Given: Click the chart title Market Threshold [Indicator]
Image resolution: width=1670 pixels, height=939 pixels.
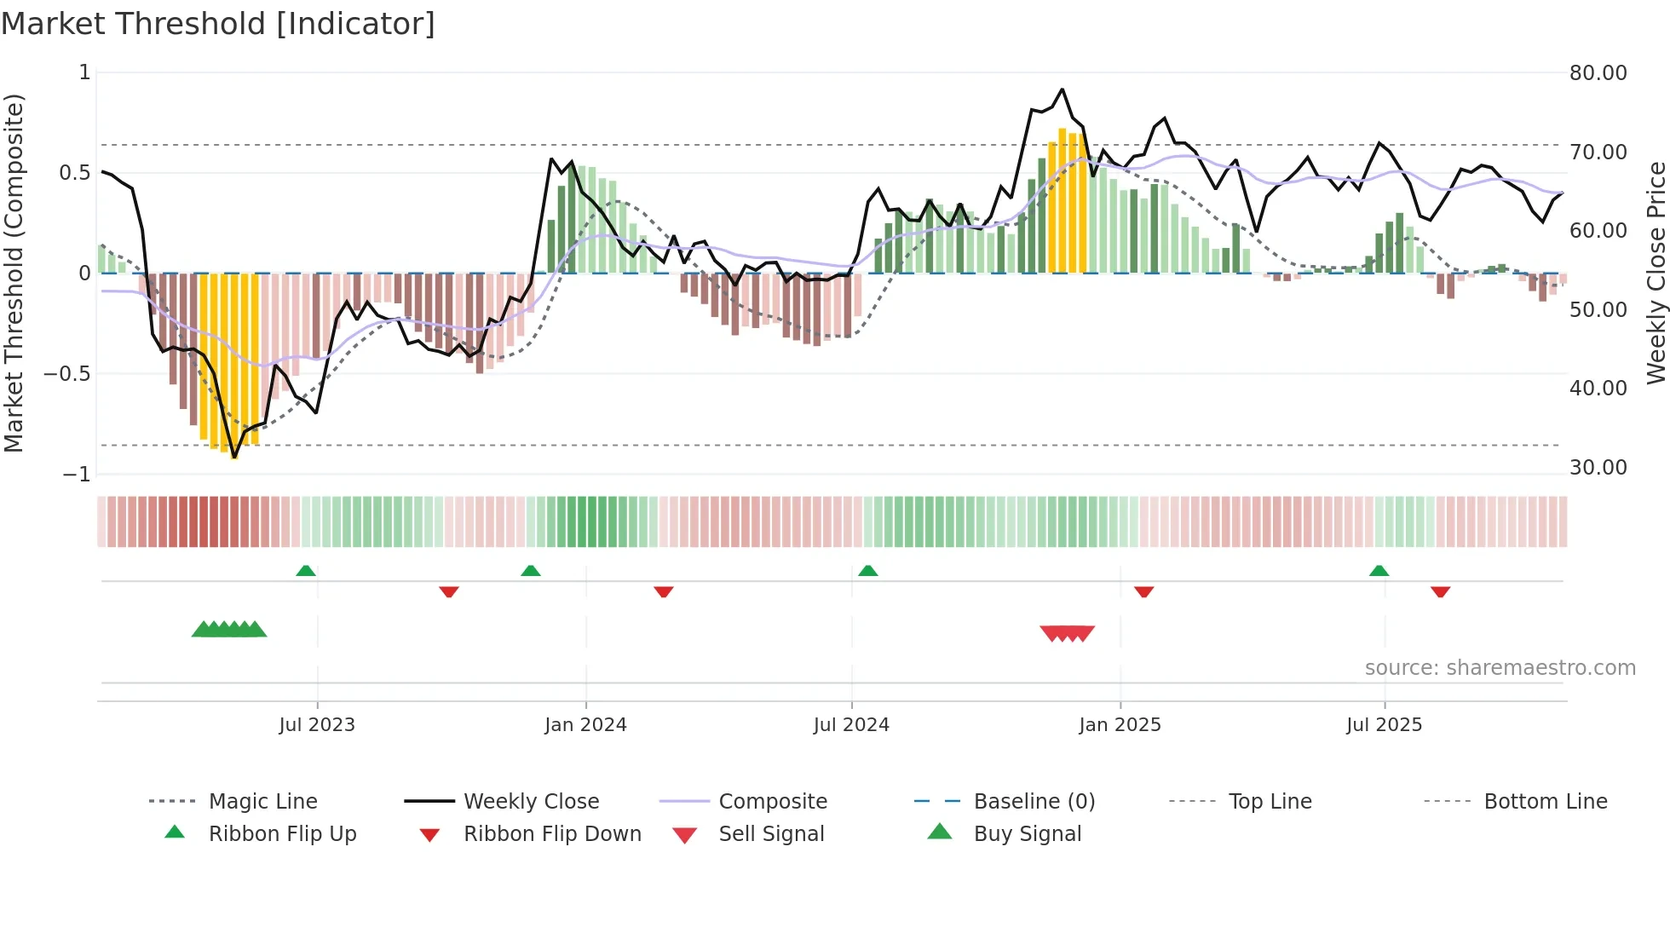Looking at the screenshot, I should pyautogui.click(x=218, y=24).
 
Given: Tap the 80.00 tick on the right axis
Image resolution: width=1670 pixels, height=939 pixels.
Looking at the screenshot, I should pyautogui.click(x=1598, y=73).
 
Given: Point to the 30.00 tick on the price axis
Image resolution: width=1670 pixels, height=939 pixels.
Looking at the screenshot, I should pyautogui.click(x=1598, y=468).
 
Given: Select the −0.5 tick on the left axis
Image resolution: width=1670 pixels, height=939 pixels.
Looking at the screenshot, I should pyautogui.click(x=67, y=374).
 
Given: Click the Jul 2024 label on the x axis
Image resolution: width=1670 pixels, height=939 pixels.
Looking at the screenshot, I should pyautogui.click(x=851, y=725).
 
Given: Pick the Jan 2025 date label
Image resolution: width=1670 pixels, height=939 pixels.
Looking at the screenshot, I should pyautogui.click(x=1120, y=725).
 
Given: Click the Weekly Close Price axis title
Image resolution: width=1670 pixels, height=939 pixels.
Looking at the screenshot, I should pyautogui.click(x=1656, y=273).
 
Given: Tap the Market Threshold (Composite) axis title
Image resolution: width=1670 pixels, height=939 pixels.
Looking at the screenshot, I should pyautogui.click(x=14, y=273).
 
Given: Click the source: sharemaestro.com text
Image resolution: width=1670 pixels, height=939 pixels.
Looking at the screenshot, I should pyautogui.click(x=1500, y=668).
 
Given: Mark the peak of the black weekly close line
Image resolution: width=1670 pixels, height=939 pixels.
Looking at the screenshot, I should pyautogui.click(x=1062, y=89).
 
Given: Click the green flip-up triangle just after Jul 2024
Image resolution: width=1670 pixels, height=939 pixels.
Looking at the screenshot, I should pyautogui.click(x=867, y=571).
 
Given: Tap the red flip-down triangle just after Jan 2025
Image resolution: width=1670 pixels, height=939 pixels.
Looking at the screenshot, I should pyautogui.click(x=1143, y=591).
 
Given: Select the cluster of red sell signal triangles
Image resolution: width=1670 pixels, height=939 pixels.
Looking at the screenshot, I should pyautogui.click(x=1067, y=633).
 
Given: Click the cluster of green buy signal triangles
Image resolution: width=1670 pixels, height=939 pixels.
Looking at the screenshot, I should pyautogui.click(x=229, y=630).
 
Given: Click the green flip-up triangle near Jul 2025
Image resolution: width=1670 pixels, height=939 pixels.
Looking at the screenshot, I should pyautogui.click(x=1379, y=571).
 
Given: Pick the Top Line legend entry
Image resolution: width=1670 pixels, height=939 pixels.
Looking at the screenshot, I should pyautogui.click(x=1270, y=802).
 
